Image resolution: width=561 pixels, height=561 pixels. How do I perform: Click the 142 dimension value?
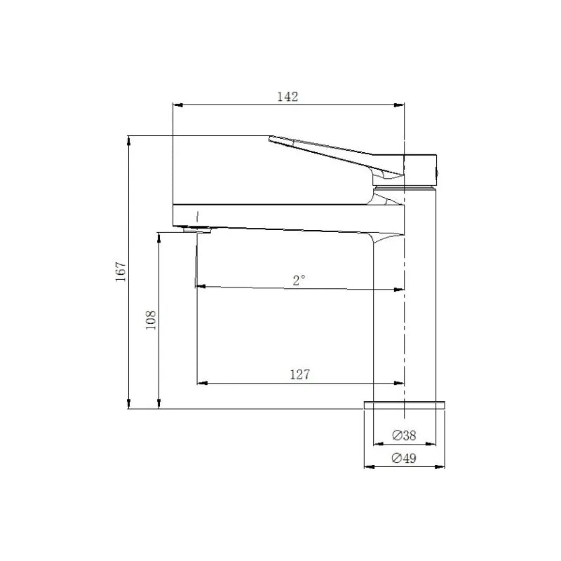coord(288,97)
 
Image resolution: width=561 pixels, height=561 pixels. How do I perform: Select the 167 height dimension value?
coord(120,271)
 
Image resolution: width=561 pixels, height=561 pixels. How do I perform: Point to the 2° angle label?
coord(299,280)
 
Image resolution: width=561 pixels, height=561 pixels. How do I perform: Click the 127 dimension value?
coord(299,374)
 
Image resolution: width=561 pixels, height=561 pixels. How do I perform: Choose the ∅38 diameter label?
coord(405,435)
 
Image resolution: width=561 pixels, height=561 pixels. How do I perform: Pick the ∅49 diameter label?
coord(405,459)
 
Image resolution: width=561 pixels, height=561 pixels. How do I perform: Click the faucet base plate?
coord(405,405)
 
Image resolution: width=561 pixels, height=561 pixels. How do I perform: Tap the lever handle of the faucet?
coord(323,149)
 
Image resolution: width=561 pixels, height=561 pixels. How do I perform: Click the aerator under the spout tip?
coord(197,229)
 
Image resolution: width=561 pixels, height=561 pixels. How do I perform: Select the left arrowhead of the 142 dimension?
coord(177,105)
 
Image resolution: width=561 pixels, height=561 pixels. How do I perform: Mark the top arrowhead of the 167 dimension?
coord(129,140)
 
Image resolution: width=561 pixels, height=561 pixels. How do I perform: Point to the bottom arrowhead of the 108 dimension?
coord(160,404)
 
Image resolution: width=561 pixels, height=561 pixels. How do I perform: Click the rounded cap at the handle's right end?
coord(424,170)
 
